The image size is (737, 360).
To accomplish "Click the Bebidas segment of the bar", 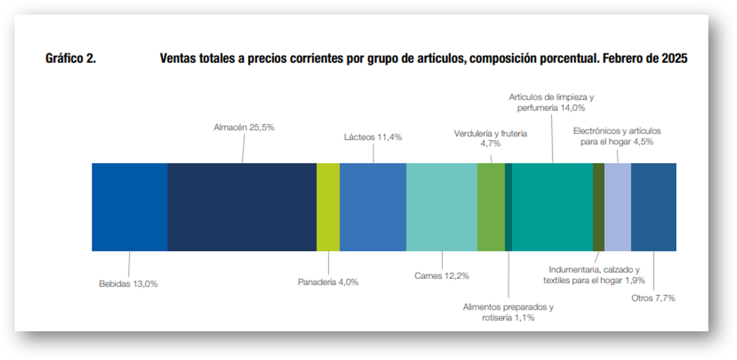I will coord(130,207).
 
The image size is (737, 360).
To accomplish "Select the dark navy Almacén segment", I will coord(242,207).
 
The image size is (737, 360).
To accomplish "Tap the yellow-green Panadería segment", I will coord(328,207).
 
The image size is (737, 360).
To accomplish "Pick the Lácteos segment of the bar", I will coord(373,207).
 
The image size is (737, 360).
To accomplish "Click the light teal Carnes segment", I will coord(442,207).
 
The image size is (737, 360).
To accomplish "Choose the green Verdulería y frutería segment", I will coord(491,207).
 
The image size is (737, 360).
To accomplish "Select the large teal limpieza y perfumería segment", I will coord(553,207).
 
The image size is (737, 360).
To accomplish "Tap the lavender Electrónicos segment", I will coord(618,207).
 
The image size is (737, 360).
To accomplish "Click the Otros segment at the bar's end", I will coord(653,207).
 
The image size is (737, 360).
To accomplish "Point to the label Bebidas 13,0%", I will coord(129,284).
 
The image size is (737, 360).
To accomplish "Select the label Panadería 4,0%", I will coord(328,282).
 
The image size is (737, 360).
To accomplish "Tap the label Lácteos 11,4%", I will coord(373,137).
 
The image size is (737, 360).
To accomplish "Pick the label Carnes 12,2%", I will coord(442,275).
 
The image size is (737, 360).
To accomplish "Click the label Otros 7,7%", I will coord(653,298).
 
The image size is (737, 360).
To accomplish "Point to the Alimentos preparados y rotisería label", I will coord(509,312).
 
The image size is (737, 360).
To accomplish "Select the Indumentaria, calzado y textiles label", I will coord(594,275).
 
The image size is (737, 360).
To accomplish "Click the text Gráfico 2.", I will coord(71,59).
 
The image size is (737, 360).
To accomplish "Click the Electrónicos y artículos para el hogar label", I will coord(617,136).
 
